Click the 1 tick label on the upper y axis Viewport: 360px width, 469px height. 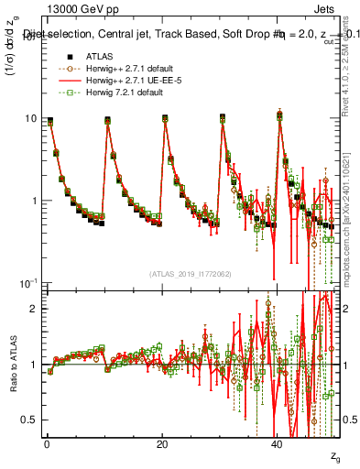tap(34, 201)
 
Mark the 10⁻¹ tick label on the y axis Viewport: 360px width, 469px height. tap(28, 282)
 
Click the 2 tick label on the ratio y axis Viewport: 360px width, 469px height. tap(35, 309)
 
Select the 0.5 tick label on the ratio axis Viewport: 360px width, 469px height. tap(30, 420)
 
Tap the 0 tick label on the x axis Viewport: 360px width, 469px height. tap(45, 444)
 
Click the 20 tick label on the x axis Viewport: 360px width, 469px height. tap(162, 444)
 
